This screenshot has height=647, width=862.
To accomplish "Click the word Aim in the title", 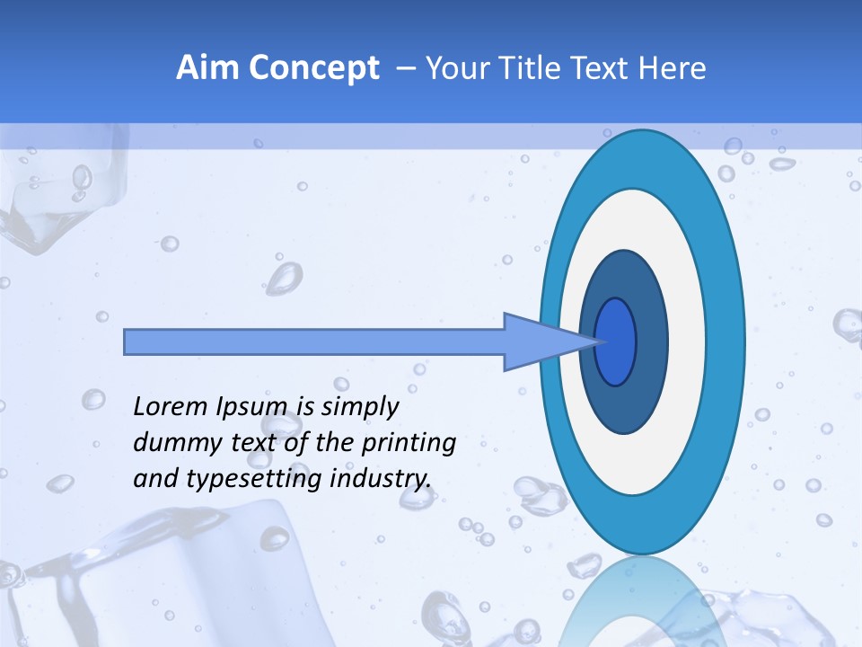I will [x=207, y=68].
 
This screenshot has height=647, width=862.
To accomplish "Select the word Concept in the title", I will [x=313, y=68].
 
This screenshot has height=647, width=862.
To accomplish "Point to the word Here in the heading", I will [x=673, y=68].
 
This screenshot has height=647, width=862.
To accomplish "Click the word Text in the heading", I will [x=603, y=68].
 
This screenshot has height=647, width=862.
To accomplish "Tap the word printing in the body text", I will [x=409, y=444].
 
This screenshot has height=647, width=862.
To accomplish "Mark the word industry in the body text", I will [x=381, y=479].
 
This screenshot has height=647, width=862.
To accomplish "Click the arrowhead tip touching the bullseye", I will [x=596, y=341].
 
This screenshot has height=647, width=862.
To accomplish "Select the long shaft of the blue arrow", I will [x=314, y=341].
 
